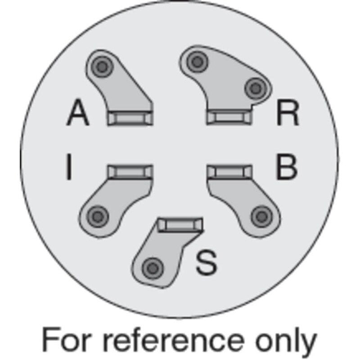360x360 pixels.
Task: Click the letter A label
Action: pyautogui.click(x=78, y=112)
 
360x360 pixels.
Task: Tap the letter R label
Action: pyautogui.click(x=288, y=113)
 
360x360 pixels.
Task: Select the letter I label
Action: pyautogui.click(x=69, y=166)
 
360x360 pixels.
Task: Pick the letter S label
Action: pyautogui.click(x=207, y=262)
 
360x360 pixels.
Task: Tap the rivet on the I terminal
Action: pyautogui.click(x=98, y=217)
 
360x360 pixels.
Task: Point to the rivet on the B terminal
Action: pyautogui.click(x=262, y=217)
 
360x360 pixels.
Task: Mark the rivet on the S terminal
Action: pyautogui.click(x=153, y=268)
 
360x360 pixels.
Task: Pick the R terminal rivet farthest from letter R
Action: pyautogui.click(x=197, y=62)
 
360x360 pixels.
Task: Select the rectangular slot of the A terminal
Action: pyautogui.click(x=130, y=118)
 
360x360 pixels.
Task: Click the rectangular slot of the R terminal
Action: pyautogui.click(x=229, y=117)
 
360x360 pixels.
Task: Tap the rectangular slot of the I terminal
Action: pyautogui.click(x=130, y=172)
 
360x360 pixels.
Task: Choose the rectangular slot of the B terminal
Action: pyautogui.click(x=229, y=171)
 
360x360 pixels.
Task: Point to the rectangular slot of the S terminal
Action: pyautogui.click(x=180, y=225)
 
